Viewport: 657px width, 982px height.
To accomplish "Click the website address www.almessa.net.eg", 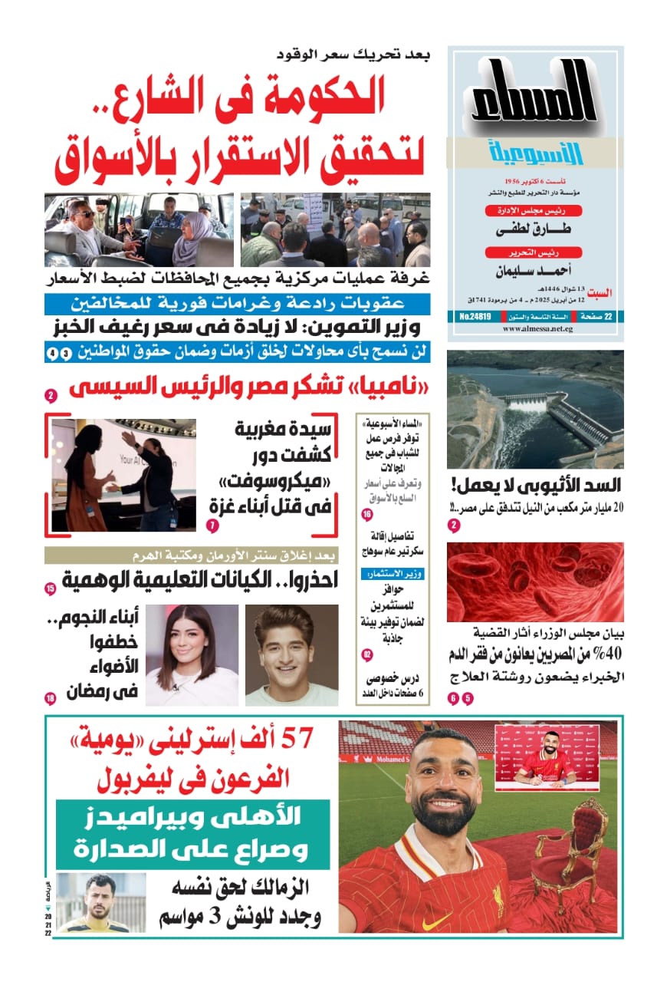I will pyautogui.click(x=534, y=329).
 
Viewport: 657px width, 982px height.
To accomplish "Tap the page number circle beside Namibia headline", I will pyautogui.click(x=51, y=397).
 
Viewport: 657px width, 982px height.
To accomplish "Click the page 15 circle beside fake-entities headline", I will pyautogui.click(x=51, y=589).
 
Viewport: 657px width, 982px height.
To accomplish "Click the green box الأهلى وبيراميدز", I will pyautogui.click(x=193, y=835).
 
